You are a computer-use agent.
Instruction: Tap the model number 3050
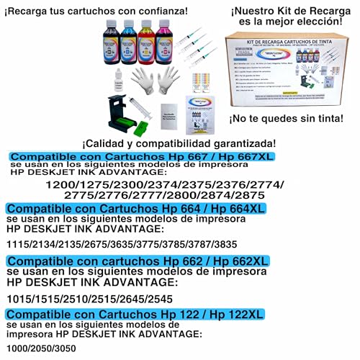tap(67, 348)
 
